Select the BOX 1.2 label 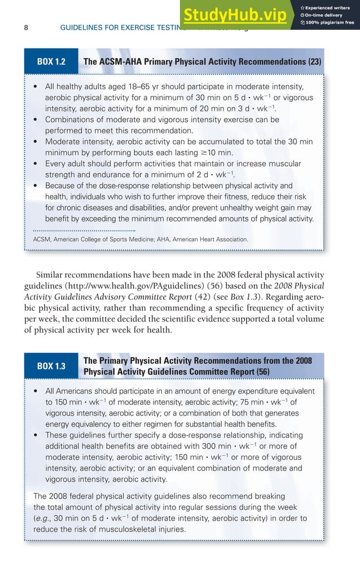point(51,62)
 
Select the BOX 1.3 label point(51,366)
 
